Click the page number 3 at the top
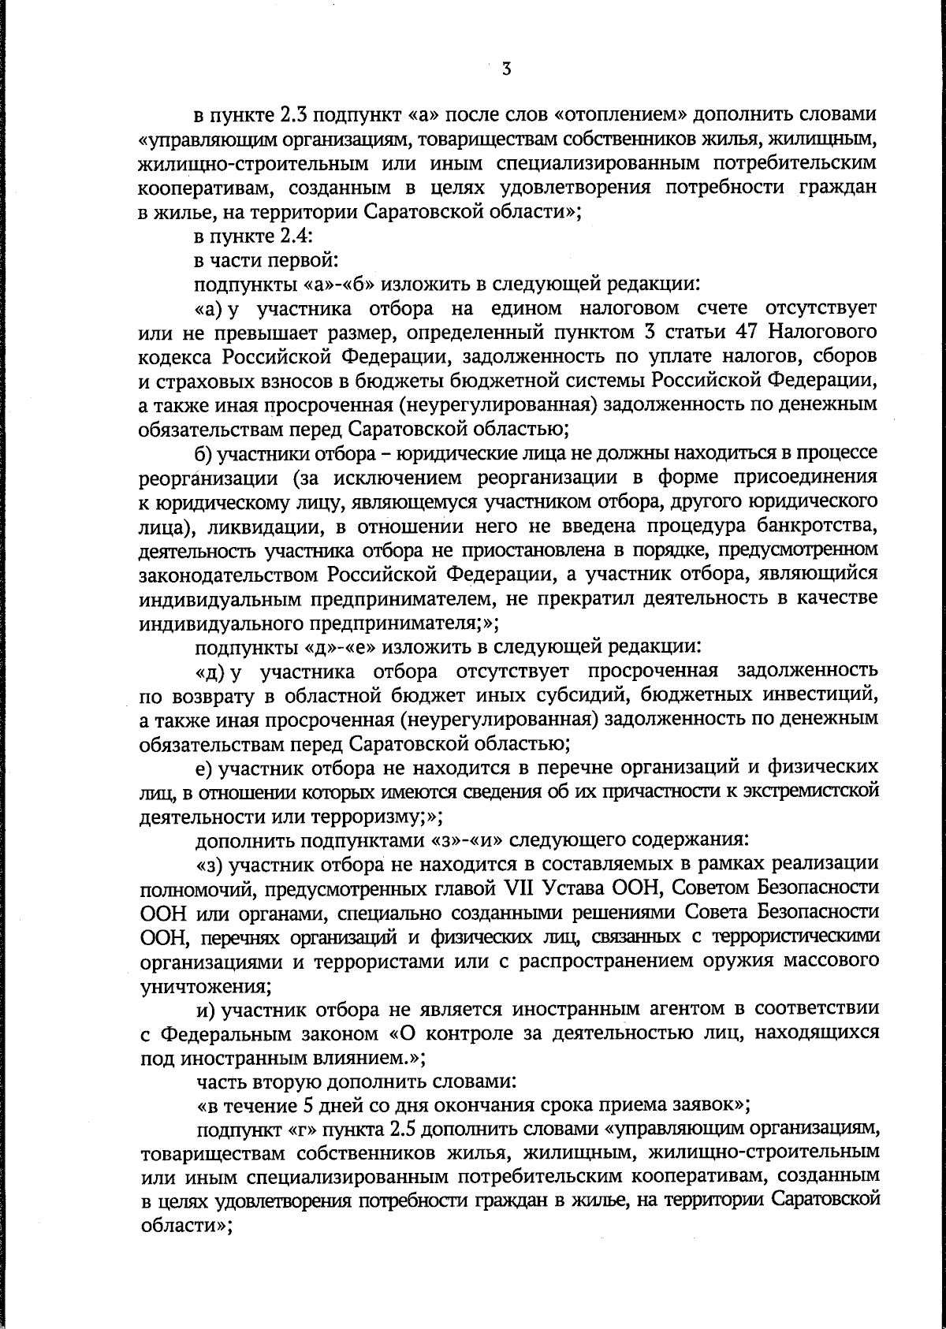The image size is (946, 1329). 506,69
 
